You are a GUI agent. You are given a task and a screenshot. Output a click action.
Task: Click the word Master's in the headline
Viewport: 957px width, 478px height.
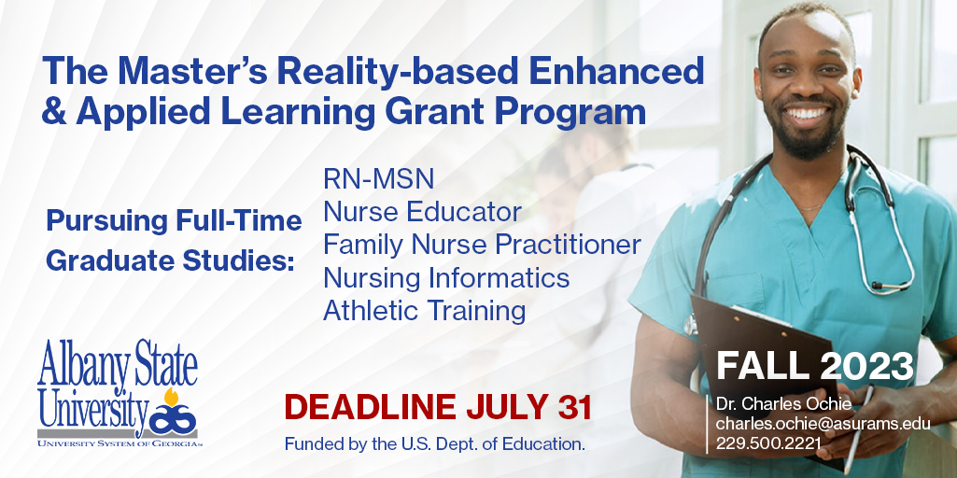(193, 71)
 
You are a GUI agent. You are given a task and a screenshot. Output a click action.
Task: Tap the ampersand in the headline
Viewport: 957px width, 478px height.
(54, 112)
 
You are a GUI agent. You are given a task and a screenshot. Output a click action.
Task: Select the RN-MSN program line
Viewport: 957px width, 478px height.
(378, 179)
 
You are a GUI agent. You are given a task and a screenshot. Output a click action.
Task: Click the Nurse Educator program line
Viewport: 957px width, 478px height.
(422, 212)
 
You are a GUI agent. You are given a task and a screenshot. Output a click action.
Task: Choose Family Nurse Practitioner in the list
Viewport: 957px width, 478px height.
(482, 245)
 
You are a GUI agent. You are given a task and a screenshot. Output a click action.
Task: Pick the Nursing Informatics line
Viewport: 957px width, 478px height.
(446, 278)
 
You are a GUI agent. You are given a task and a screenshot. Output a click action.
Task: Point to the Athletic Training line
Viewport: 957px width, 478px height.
(424, 310)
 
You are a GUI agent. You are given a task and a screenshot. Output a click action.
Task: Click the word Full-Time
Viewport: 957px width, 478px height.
(239, 221)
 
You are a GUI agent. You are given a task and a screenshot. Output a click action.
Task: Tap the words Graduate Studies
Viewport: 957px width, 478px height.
(170, 260)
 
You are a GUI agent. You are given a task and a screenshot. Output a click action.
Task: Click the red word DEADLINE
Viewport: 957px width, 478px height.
(371, 407)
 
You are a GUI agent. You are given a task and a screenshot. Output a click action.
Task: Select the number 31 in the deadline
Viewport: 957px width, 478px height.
(575, 407)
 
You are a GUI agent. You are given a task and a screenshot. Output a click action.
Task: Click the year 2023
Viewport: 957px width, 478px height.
(867, 366)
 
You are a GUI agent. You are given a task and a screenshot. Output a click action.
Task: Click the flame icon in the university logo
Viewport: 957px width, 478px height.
(172, 396)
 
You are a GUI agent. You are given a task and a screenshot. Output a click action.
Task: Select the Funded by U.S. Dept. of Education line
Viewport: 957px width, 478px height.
(434, 444)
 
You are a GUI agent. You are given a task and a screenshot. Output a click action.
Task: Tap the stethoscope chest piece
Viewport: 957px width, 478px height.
(691, 324)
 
